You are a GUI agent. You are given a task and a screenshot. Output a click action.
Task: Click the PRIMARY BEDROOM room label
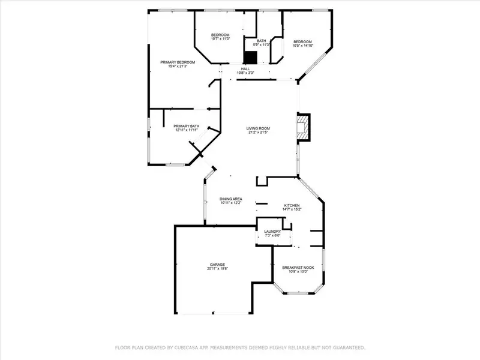178,62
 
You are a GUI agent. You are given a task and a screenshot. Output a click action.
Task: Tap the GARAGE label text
217,264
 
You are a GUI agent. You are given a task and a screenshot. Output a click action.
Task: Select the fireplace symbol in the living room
303,127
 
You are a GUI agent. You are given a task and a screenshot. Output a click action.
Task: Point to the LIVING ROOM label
258,128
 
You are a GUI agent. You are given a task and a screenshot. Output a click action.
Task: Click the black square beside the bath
250,57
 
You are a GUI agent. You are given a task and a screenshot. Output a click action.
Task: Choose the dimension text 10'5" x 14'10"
302,46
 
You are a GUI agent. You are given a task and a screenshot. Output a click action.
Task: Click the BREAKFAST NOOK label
298,268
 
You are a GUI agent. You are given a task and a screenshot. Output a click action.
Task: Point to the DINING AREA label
230,199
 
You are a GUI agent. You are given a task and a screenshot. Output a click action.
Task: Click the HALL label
245,69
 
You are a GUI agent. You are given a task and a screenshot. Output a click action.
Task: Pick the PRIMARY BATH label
186,126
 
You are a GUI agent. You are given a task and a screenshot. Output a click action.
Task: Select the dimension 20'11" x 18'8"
217,268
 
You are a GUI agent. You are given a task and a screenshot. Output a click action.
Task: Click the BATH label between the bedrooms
254,41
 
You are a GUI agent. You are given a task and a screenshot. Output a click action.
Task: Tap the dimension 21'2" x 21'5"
258,132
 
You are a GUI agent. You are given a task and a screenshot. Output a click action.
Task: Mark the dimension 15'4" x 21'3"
178,66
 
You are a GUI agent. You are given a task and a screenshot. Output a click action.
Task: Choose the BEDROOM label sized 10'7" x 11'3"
220,35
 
